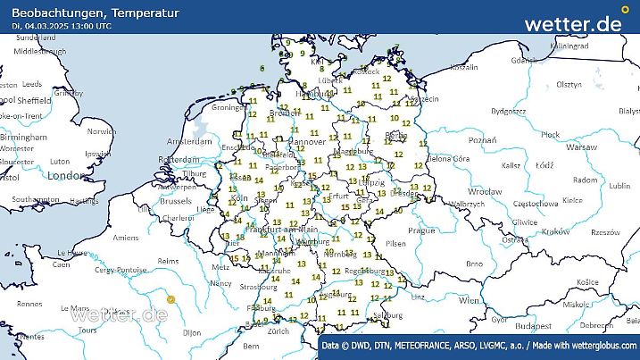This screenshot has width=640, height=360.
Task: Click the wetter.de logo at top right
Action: [x=573, y=24]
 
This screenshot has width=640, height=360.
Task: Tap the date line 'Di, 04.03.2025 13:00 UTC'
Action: [x=62, y=26]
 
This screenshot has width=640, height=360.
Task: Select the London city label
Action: [x=65, y=176]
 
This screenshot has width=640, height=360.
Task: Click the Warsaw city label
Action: [x=580, y=146]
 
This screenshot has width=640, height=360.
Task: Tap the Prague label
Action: [x=420, y=230]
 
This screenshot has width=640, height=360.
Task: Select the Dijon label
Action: [x=193, y=332]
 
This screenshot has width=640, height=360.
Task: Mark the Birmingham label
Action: [x=24, y=138]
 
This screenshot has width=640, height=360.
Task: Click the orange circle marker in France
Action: [x=170, y=299]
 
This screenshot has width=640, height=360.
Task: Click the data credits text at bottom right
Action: [x=479, y=344]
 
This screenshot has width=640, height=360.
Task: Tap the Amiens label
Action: [x=126, y=238]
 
